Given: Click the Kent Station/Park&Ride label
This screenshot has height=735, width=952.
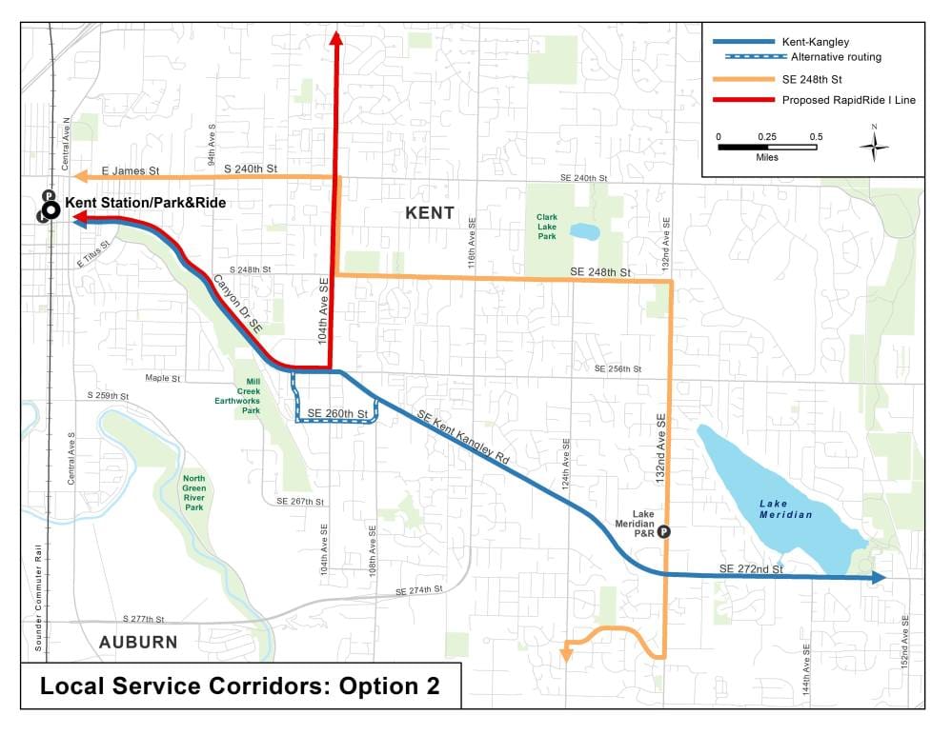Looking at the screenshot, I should tap(145, 203).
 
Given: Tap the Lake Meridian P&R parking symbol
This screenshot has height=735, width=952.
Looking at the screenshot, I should tap(664, 532).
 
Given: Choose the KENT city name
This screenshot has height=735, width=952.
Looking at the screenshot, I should tap(430, 213).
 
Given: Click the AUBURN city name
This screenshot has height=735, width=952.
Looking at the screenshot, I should tap(138, 642).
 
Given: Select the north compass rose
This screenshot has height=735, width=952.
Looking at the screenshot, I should tap(874, 145).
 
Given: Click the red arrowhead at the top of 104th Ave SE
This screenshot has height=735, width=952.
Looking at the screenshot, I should tap(335, 37).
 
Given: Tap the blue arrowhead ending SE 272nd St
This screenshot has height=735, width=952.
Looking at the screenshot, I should tap(879, 577).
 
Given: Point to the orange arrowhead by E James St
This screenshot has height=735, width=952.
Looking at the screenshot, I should tap(81, 175).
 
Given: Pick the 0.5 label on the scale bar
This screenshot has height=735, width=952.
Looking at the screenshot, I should tap(816, 136).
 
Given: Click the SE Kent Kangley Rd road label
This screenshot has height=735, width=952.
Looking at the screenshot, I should tap(464, 435).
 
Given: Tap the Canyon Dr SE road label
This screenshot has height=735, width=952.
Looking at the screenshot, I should tap(237, 304).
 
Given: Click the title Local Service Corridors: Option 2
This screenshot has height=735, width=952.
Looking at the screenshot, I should tap(239, 685).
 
